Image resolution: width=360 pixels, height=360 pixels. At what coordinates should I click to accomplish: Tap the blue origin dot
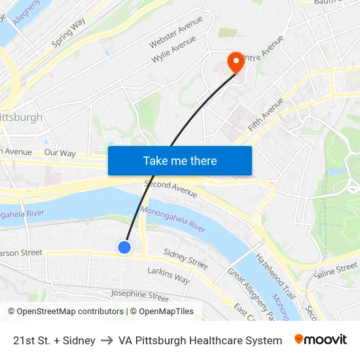click(x=124, y=247)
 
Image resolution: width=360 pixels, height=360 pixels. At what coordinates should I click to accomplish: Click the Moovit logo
click(x=321, y=340)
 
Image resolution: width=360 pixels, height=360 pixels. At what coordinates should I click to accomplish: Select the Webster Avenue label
click(x=176, y=32)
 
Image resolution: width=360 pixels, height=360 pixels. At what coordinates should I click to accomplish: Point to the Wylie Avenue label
click(x=174, y=50)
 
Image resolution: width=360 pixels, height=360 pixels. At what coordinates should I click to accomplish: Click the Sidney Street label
click(x=186, y=259)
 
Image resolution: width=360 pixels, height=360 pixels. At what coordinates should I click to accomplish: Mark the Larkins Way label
click(x=168, y=275)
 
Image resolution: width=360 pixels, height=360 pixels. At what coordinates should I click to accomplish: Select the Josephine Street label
click(x=139, y=297)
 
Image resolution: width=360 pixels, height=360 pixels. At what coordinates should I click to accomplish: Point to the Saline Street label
click(x=336, y=269)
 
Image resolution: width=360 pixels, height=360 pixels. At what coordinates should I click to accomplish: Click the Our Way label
click(x=60, y=153)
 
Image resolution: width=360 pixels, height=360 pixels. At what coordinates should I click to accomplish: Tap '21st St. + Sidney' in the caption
click(x=54, y=340)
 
